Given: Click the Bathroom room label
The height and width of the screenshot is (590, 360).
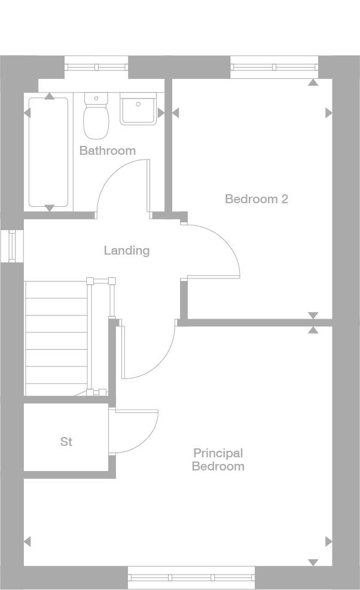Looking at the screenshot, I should [108, 151].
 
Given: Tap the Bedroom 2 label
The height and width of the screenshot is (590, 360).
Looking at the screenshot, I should [256, 199].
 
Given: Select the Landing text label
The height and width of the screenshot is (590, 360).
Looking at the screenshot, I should [126, 250].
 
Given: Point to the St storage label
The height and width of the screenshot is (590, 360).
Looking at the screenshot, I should [66, 442].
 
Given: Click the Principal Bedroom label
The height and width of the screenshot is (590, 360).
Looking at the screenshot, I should [218, 460].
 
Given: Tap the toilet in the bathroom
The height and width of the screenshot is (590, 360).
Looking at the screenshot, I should [95, 117].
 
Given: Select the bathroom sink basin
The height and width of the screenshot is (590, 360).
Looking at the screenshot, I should [138, 109].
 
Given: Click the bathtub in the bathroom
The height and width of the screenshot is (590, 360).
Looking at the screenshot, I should [48, 152].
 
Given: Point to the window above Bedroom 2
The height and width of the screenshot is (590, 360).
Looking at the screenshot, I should [274, 67].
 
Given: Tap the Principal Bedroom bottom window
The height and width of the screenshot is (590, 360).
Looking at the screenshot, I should [191, 577].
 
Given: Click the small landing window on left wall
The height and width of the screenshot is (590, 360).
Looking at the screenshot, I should [12, 245].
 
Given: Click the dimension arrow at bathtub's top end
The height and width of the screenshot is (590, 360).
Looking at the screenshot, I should [50, 96].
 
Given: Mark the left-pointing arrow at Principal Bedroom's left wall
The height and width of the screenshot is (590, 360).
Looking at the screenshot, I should [27, 542].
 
